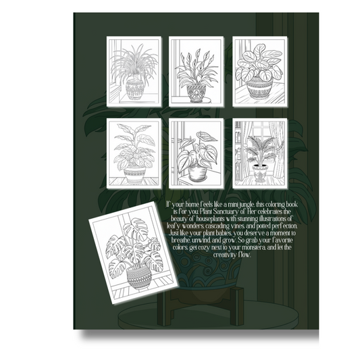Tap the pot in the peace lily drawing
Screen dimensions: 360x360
coord(197,92)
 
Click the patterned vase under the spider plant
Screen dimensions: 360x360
coord(134,88)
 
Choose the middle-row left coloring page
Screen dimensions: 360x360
coord(134,153)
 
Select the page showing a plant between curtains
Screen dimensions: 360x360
coord(259,153)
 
